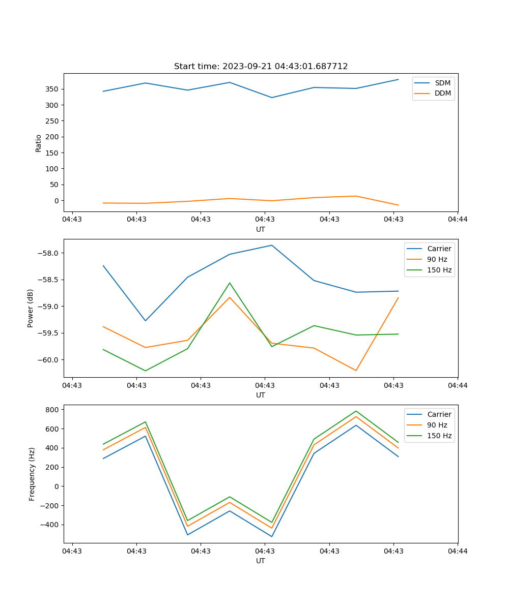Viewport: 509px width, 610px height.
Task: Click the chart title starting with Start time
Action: [261, 67]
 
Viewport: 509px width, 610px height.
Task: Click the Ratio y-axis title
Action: [38, 142]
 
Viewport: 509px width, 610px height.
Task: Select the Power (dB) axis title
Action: [31, 308]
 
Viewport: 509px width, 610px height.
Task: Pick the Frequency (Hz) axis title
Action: [32, 474]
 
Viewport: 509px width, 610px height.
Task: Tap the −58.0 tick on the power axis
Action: [50, 253]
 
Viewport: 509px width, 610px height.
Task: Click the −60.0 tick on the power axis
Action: [50, 360]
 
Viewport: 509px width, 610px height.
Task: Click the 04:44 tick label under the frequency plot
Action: [458, 551]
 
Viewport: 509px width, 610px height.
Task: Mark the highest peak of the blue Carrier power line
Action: [272, 246]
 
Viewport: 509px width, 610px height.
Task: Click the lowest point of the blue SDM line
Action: [272, 98]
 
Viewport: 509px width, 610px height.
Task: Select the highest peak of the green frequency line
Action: [356, 411]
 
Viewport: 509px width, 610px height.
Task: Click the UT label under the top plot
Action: [261, 229]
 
